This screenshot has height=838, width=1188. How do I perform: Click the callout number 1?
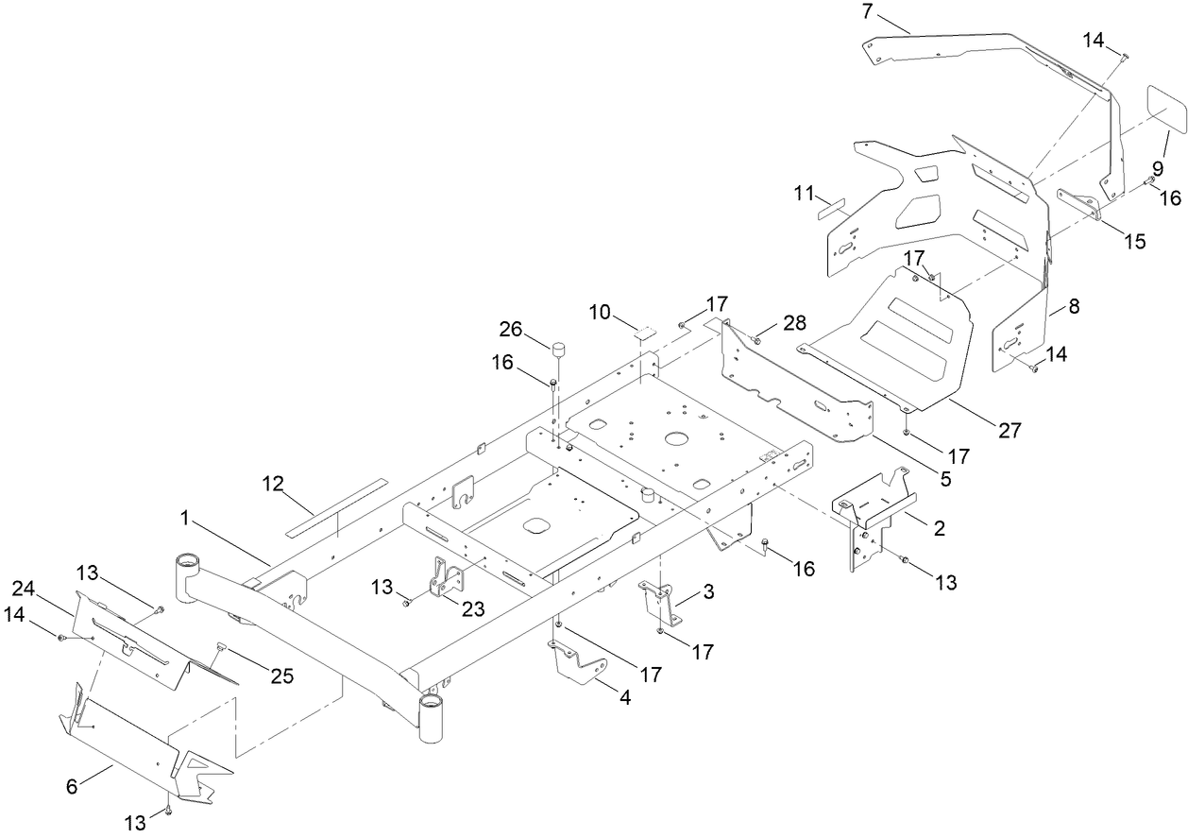188,519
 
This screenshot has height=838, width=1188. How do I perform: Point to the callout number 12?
273,485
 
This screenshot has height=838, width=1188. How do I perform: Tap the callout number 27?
1010,431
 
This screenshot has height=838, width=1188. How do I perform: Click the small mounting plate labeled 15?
1079,204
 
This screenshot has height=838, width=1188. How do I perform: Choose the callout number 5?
945,479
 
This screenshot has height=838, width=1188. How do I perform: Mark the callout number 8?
1075,306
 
